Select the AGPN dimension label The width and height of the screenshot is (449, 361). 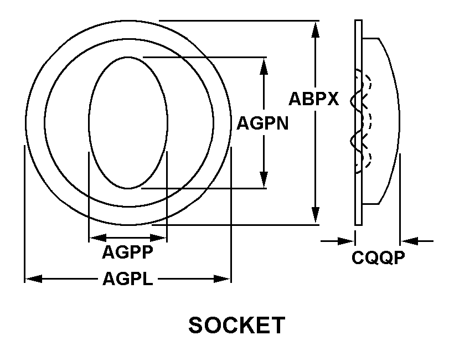coord(262,122)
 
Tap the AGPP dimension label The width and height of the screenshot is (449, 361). coord(127,252)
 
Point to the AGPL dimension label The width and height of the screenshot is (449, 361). coord(127,279)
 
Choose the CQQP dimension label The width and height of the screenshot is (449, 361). coord(379,258)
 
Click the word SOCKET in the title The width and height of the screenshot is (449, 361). coord(237,326)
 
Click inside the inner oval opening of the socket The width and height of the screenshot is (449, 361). coord(127,122)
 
